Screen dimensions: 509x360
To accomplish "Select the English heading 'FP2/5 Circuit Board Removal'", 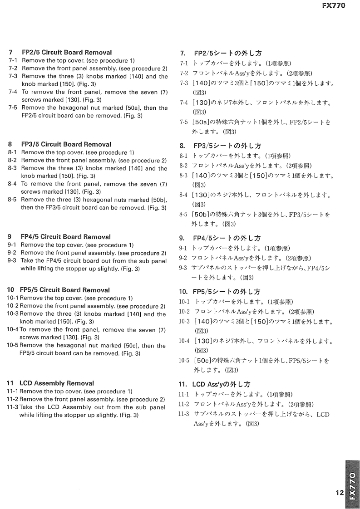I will pos(67,53).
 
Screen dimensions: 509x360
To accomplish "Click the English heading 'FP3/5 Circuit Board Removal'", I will pos(66,145).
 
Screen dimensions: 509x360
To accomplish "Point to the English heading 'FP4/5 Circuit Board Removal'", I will pos(66,237).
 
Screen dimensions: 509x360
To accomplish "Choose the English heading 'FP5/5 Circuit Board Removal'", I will pos(65,290).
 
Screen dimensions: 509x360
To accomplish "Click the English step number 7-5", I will pos(13,108).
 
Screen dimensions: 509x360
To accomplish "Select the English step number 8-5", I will pos(12,200).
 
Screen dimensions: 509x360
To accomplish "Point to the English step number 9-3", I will pos(12,261).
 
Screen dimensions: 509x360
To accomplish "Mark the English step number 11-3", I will pos(12,407).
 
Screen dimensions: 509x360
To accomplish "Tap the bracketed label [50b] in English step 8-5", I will pos(158,200).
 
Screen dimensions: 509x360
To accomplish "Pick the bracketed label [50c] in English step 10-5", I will pos(132,346).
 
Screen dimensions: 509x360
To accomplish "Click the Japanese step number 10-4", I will pos(184,341).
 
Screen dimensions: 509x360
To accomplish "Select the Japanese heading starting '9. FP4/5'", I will pos(220,238).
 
